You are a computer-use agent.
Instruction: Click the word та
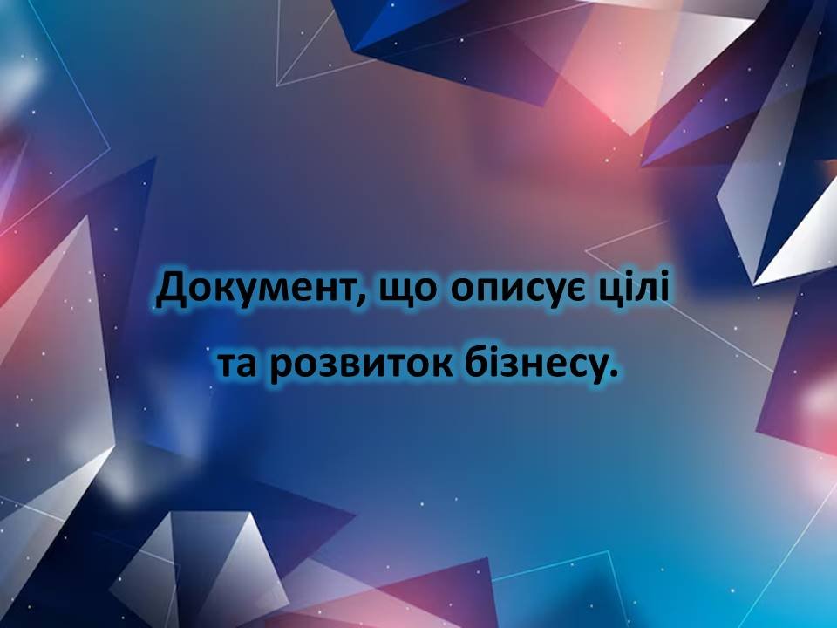[x=237, y=365]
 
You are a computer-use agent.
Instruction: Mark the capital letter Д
[x=171, y=290]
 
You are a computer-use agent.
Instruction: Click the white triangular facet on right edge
[x=795, y=235]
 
